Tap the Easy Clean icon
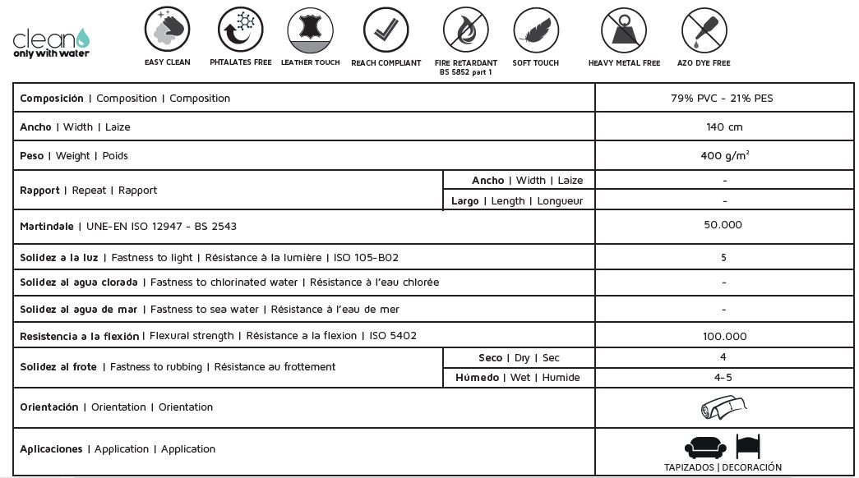click(x=167, y=30)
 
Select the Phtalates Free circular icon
click(x=240, y=30)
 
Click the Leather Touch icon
click(x=310, y=30)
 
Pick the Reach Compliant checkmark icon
click(x=386, y=30)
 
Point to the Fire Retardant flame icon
click(x=465, y=30)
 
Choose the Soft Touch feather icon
click(x=535, y=30)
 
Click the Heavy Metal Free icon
click(x=624, y=30)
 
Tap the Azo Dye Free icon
click(x=704, y=30)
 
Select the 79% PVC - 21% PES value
click(x=723, y=99)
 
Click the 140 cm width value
click(x=723, y=127)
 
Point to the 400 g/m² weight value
click(x=724, y=155)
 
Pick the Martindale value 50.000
click(x=723, y=225)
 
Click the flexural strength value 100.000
click(x=724, y=336)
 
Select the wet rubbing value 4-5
click(x=723, y=378)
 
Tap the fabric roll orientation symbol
click(x=723, y=407)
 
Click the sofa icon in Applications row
click(x=705, y=447)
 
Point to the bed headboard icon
click(x=748, y=446)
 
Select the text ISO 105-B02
click(x=366, y=258)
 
